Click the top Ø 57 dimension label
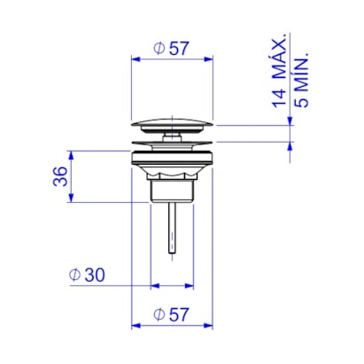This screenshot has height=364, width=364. (x=171, y=49)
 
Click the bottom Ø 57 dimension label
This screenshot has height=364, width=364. (x=171, y=314)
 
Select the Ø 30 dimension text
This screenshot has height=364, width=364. (x=87, y=275)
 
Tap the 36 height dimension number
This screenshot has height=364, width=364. (x=60, y=176)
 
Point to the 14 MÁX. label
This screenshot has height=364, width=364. (x=279, y=71)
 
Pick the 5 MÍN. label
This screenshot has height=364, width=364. (x=301, y=81)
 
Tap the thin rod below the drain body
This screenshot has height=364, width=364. (x=172, y=228)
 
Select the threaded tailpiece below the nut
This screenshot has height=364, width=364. (x=172, y=191)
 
